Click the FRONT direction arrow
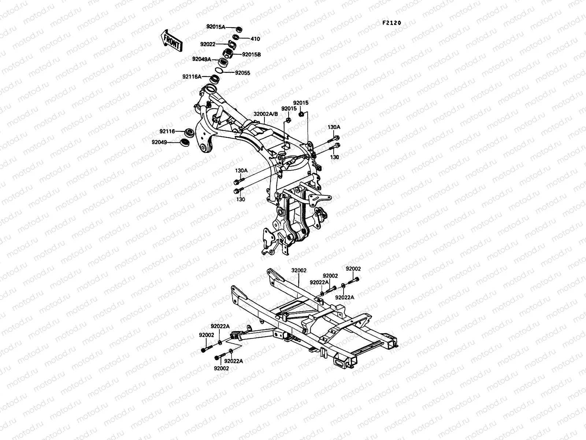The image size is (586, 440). tap(171, 40)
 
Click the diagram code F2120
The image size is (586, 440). tap(392, 23)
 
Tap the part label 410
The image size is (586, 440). tap(255, 38)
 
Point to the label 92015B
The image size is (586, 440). tap(251, 55)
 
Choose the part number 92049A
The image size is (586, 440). tap(201, 59)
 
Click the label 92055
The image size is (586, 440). tap(242, 73)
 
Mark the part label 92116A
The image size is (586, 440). tap(192, 77)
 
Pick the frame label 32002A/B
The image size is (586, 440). tap(266, 114)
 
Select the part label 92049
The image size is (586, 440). tap(167, 142)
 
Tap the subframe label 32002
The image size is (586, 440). tap(299, 270)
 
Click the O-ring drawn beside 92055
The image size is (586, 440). tap(229, 70)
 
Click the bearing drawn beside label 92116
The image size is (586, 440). tap(189, 132)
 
